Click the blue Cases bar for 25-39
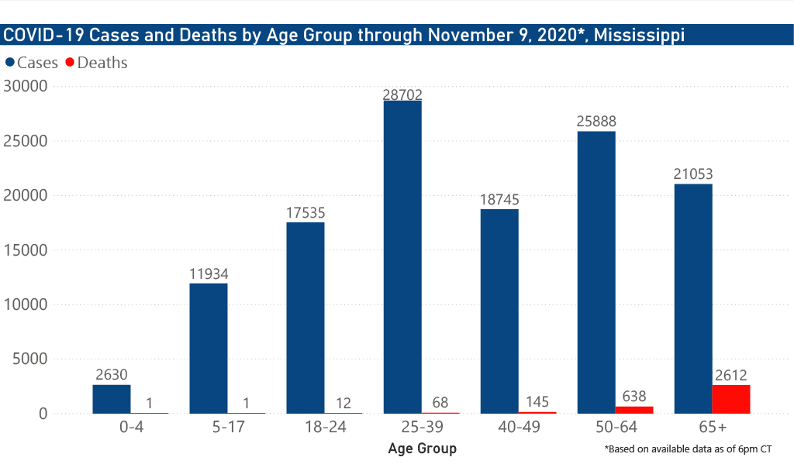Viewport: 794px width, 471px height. [402, 257]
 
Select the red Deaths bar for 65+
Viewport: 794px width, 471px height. [731, 399]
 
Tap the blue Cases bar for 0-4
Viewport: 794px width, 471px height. [112, 399]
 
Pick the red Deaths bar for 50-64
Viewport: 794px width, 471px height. [634, 410]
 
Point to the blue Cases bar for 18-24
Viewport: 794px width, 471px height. [306, 318]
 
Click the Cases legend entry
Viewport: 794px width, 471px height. [31, 63]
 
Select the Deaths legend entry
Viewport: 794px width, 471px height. [97, 63]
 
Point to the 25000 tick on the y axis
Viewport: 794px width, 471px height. [26, 141]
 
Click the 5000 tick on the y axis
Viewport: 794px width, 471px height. [30, 359]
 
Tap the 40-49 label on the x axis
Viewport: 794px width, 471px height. [519, 427]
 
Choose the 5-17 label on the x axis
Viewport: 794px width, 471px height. [229, 427]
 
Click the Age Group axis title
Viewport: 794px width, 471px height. [423, 449]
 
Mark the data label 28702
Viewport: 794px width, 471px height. [402, 95]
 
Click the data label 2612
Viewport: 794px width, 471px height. [731, 376]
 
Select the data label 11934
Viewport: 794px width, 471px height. [209, 274]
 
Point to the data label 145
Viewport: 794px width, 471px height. [537, 402]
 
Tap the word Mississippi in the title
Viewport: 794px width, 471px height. [639, 36]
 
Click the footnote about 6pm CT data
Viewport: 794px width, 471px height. [689, 449]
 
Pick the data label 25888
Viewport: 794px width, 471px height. [596, 122]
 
